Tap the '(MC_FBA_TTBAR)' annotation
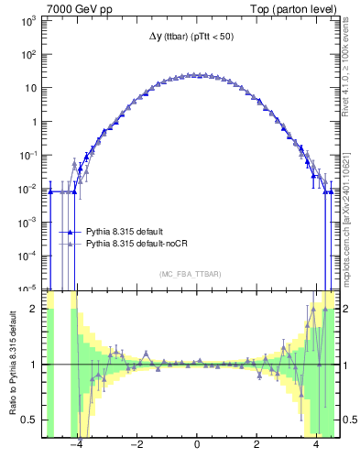[196, 275]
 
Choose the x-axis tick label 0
[197, 447]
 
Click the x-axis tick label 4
[316, 447]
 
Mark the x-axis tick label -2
[137, 447]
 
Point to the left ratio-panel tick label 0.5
[30, 420]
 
